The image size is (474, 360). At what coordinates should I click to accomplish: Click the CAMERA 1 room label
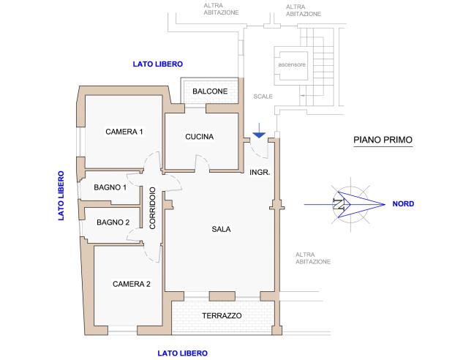coord(124,132)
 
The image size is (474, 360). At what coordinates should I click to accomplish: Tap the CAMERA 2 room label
coord(131,284)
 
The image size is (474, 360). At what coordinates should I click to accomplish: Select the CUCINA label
coord(199,137)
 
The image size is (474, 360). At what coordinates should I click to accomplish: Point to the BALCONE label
coord(210,91)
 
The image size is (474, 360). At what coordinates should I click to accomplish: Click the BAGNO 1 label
coord(110,187)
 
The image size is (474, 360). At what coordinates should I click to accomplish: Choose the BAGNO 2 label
coord(112,222)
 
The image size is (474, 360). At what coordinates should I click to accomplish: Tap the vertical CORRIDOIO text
coord(153,209)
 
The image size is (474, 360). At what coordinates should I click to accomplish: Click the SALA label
coord(221,229)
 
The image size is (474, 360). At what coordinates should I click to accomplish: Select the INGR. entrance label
coord(260,173)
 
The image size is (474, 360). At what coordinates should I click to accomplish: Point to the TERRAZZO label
coord(221,315)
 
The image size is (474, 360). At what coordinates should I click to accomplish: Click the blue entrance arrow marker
coord(258,135)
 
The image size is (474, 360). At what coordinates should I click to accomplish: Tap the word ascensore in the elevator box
coord(290,64)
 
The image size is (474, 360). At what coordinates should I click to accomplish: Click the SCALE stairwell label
coord(263,97)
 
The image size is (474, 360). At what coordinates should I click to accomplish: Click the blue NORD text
coord(403,204)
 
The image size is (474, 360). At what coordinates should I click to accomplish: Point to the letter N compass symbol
coord(338,204)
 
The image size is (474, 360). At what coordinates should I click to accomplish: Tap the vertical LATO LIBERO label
coord(61,195)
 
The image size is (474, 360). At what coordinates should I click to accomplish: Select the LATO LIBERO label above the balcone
coord(157,64)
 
